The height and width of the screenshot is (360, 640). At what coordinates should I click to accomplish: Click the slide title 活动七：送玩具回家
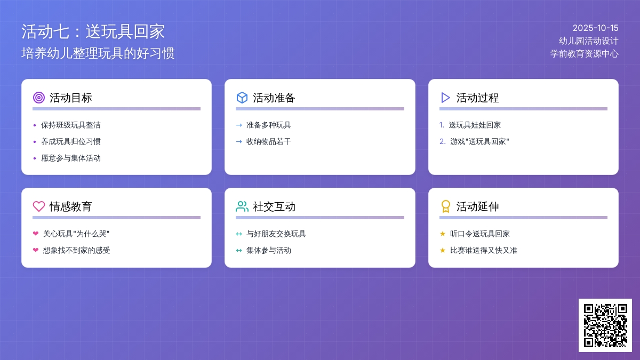(x=93, y=31)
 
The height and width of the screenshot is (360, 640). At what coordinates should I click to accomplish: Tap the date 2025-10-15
(x=595, y=28)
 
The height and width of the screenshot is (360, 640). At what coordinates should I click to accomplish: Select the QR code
(x=605, y=325)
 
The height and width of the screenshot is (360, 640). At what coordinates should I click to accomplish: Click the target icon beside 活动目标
(x=38, y=98)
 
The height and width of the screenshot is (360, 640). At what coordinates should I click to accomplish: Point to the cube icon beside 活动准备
(x=242, y=98)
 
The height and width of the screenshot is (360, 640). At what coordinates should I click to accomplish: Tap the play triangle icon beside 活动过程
(x=445, y=98)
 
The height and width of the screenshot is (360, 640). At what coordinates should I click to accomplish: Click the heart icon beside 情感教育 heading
(x=38, y=206)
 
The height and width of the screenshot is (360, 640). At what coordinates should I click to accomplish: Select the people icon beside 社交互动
(x=242, y=206)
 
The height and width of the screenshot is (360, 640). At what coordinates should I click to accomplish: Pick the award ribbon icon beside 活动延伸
(x=445, y=206)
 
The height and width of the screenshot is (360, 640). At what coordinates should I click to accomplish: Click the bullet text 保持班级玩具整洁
(x=71, y=125)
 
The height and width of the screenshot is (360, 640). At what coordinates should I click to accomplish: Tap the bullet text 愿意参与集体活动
(x=71, y=158)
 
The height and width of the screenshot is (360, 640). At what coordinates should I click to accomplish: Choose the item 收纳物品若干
(x=269, y=141)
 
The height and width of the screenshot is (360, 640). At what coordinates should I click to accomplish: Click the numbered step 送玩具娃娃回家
(x=475, y=125)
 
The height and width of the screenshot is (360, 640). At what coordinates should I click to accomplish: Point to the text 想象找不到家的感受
(x=77, y=250)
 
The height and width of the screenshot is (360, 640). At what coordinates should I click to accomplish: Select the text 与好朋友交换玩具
(x=276, y=234)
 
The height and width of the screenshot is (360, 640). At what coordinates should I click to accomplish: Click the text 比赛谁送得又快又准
(x=484, y=250)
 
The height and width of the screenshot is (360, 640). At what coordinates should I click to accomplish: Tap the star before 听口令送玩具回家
(x=442, y=234)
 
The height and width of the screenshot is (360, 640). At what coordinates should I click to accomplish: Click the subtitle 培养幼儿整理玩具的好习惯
(x=98, y=53)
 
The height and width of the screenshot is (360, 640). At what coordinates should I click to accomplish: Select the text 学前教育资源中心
(x=585, y=53)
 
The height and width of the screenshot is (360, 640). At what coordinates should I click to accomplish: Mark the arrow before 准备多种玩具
(x=239, y=125)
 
